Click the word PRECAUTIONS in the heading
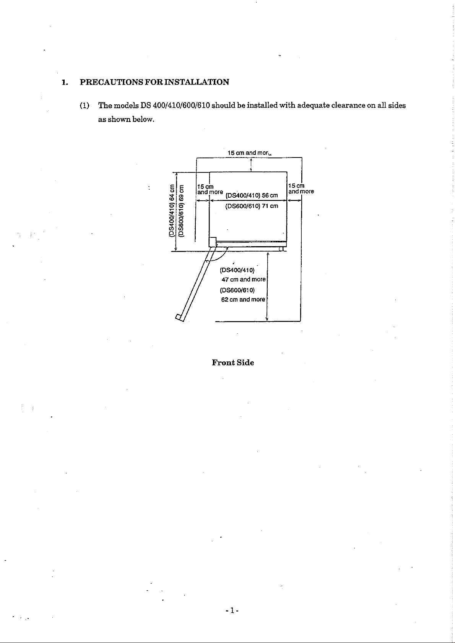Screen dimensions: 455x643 pyautogui.click(x=111, y=82)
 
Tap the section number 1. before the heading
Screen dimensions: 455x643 pyautogui.click(x=65, y=83)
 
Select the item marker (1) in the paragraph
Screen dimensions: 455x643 pyautogui.click(x=84, y=106)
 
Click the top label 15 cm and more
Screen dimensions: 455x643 pyautogui.click(x=249, y=153)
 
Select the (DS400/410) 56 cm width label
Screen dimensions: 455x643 pyautogui.click(x=252, y=195)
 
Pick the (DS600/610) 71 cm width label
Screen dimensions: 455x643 pyautogui.click(x=252, y=206)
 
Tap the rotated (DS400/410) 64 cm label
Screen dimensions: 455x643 pyautogui.click(x=172, y=210)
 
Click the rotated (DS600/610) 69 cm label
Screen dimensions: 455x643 pyautogui.click(x=181, y=210)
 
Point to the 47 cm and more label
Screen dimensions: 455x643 pyautogui.click(x=244, y=279)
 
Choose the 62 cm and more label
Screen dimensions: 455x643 pyautogui.click(x=243, y=299)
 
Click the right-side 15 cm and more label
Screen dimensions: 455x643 pyautogui.click(x=301, y=188)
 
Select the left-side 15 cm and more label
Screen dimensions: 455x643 pyautogui.click(x=210, y=190)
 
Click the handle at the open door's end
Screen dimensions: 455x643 pyautogui.click(x=179, y=318)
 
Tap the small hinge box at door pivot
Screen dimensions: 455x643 pyautogui.click(x=213, y=242)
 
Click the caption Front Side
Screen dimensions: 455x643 pyautogui.click(x=233, y=362)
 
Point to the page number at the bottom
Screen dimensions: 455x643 pyautogui.click(x=232, y=611)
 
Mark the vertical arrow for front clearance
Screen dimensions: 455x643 pyautogui.click(x=268, y=286)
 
